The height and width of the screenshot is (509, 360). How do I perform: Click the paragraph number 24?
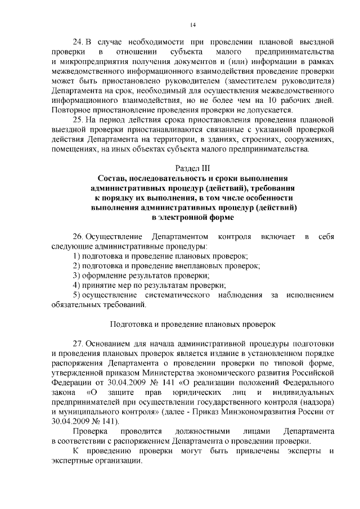click(x=79, y=43)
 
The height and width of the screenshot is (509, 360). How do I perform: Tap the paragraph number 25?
click(x=79, y=120)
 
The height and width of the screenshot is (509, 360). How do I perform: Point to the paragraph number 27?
click(x=79, y=344)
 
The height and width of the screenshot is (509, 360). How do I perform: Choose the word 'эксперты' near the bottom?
click(x=298, y=451)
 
